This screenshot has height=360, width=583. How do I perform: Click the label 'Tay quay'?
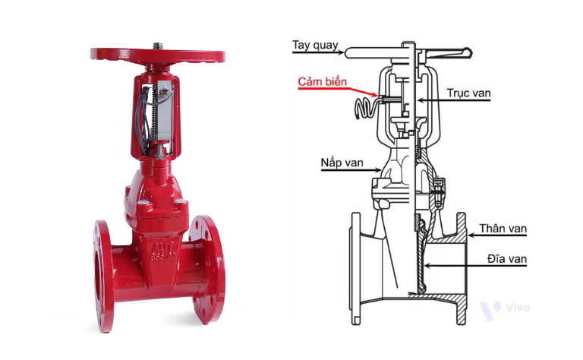(x=315, y=46)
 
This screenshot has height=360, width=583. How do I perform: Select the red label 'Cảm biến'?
(x=322, y=81)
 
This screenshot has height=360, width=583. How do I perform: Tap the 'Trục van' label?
(x=468, y=93)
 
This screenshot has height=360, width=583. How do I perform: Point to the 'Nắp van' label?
(x=342, y=163)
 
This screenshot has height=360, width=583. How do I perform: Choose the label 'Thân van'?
(x=503, y=228)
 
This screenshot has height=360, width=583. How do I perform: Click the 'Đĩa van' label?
(x=507, y=258)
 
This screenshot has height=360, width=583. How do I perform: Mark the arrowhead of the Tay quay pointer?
(x=341, y=52)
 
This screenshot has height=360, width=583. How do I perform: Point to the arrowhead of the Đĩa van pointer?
(x=427, y=266)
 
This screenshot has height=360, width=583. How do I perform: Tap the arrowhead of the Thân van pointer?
(x=471, y=235)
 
